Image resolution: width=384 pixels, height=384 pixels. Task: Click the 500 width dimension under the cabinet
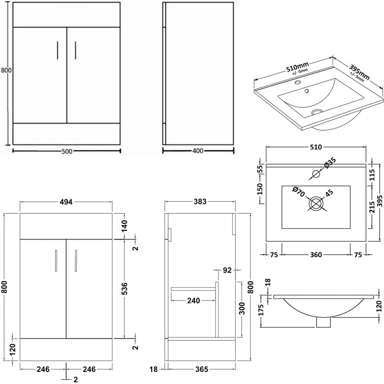[66, 152]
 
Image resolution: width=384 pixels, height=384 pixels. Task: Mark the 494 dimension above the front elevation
[66, 202]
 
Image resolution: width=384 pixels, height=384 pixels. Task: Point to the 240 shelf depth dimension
[193, 301]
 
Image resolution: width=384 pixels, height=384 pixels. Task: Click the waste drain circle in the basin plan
[315, 204]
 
